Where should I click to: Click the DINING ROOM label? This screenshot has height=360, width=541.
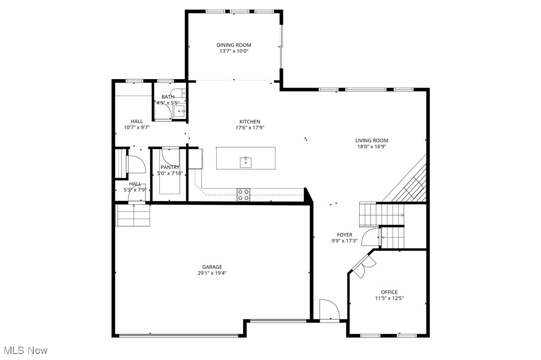pos(234,45)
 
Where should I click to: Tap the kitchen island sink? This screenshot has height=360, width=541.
pos(246,162)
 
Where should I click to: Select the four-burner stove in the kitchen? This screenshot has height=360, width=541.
pos(243,195)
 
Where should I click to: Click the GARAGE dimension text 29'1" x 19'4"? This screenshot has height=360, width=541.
pos(212,273)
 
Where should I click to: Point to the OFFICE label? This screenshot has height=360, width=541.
pos(389,292)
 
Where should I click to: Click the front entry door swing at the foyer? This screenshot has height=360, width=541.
pos(329,309)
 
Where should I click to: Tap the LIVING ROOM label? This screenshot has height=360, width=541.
pos(372,140)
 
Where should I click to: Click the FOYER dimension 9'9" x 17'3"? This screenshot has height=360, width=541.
pos(344,241)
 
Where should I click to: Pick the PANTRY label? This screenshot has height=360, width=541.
pos(170,167)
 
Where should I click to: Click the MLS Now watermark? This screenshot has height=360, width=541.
pos(24,351)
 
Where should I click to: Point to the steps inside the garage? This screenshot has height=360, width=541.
pos(133,216)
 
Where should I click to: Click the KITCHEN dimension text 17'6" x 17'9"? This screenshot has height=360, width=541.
pos(250,128)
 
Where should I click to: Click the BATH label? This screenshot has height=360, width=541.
pos(168,97)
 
